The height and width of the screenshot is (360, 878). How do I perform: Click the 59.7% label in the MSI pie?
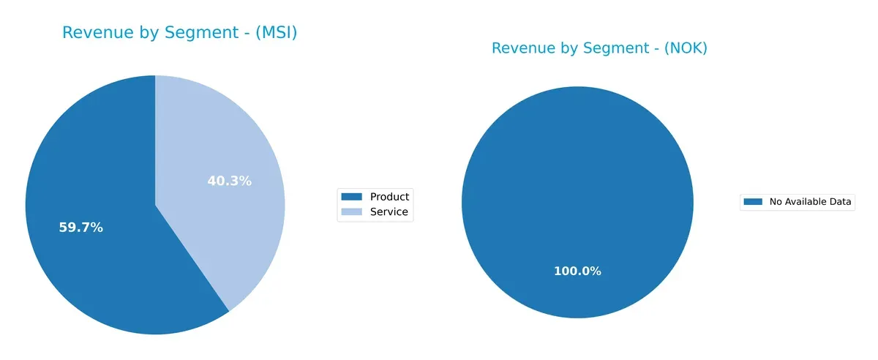tap(80, 228)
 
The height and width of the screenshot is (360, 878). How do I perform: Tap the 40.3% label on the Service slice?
tap(229, 181)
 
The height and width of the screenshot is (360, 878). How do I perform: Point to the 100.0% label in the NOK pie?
tap(577, 271)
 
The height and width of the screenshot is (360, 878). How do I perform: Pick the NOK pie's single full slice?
tap(577, 183)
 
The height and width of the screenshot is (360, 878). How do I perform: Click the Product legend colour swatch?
tap(352, 196)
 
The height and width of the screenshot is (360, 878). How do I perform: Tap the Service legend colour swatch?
tap(352, 212)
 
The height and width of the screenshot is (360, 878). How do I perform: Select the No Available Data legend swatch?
tap(753, 202)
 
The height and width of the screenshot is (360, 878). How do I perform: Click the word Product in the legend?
tap(389, 196)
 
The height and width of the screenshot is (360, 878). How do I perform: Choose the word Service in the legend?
tap(389, 212)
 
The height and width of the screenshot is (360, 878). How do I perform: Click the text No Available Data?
tap(811, 202)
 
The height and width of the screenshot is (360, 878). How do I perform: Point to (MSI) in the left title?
tap(273, 32)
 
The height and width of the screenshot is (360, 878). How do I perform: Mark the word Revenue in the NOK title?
tap(519, 48)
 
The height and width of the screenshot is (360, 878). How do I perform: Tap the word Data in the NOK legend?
tap(841, 202)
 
